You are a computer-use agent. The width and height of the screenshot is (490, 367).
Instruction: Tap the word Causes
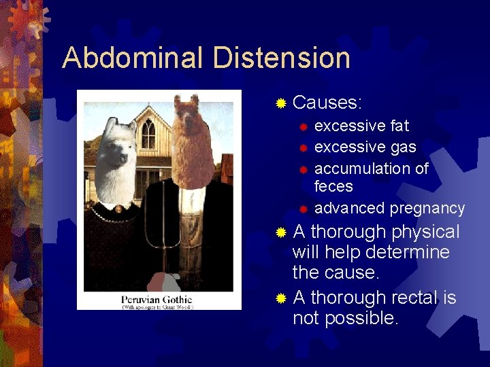pos(327,103)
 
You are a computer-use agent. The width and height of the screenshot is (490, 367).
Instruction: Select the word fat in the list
pos(400,126)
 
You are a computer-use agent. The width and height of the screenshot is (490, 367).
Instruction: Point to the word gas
pos(404,147)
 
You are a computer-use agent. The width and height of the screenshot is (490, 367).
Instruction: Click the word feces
pos(333,186)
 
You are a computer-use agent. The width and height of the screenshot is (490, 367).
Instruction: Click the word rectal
pos(414,298)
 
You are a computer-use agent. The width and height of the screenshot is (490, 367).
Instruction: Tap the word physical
pos(425,232)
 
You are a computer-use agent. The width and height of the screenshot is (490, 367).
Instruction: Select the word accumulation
pos(364,168)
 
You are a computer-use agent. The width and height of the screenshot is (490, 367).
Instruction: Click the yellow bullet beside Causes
pos(280,104)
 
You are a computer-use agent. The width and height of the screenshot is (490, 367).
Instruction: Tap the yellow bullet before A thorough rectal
pos(280,298)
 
